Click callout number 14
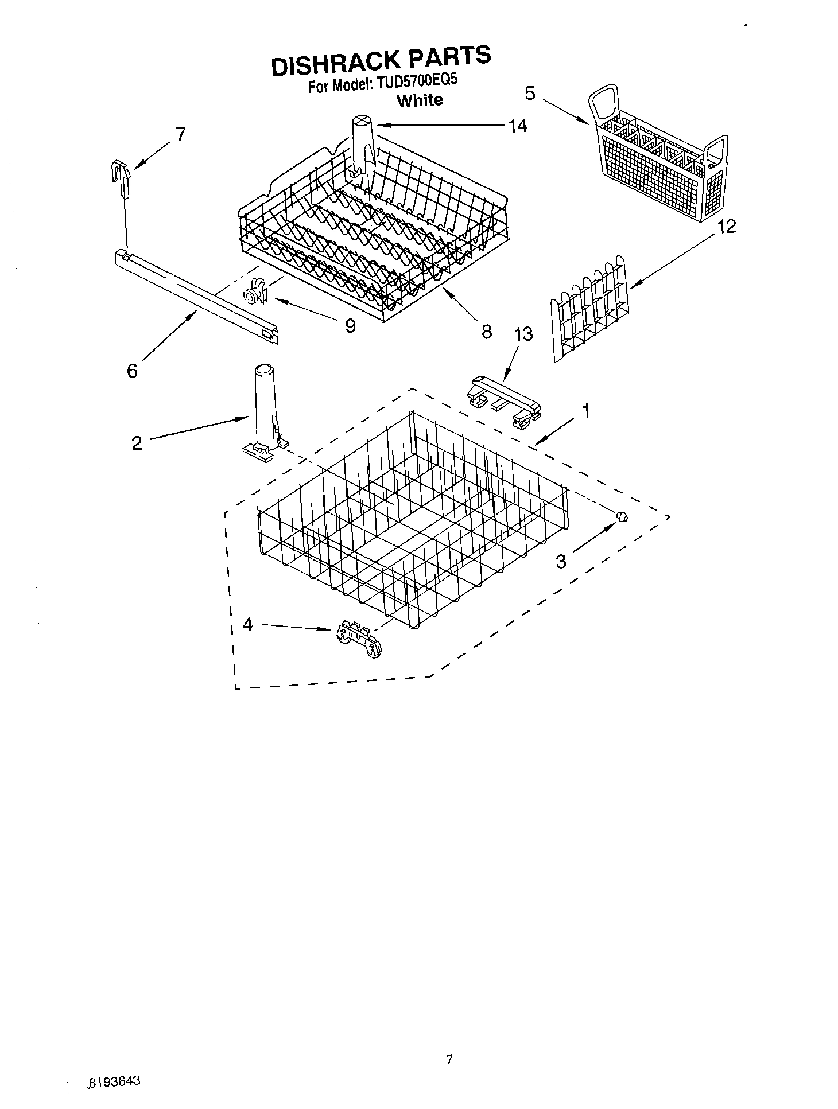point(518,126)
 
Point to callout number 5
point(530,93)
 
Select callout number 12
point(726,227)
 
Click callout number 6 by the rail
point(132,371)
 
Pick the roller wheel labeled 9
point(255,293)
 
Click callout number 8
point(486,331)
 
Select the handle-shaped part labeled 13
point(504,401)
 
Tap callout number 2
point(137,443)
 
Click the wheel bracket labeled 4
point(359,638)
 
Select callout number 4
point(247,624)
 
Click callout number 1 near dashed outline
point(585,410)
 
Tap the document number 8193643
point(115,1081)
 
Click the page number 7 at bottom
point(449,1060)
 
